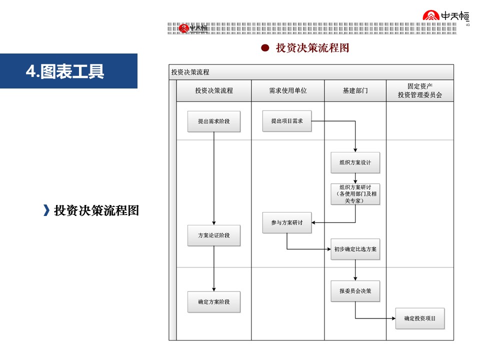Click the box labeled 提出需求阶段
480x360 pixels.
click(213, 121)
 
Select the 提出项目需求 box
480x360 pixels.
click(287, 121)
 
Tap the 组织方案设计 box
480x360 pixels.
click(355, 162)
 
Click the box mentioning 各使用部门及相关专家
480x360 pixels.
click(355, 194)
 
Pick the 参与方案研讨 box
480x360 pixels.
click(287, 222)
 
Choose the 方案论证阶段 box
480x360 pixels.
click(213, 235)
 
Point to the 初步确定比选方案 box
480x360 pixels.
click(355, 249)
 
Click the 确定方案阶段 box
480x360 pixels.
click(213, 302)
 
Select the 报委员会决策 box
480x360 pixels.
click(355, 291)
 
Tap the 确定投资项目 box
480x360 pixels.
click(419, 318)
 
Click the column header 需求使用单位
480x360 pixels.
click(287, 91)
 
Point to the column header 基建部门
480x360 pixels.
click(355, 91)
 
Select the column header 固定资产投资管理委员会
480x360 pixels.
click(419, 90)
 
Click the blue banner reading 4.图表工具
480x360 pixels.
click(68, 71)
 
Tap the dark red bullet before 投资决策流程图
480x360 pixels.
click(265, 48)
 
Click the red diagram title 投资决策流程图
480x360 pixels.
click(312, 48)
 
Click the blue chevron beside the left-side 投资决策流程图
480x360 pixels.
click(46, 210)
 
